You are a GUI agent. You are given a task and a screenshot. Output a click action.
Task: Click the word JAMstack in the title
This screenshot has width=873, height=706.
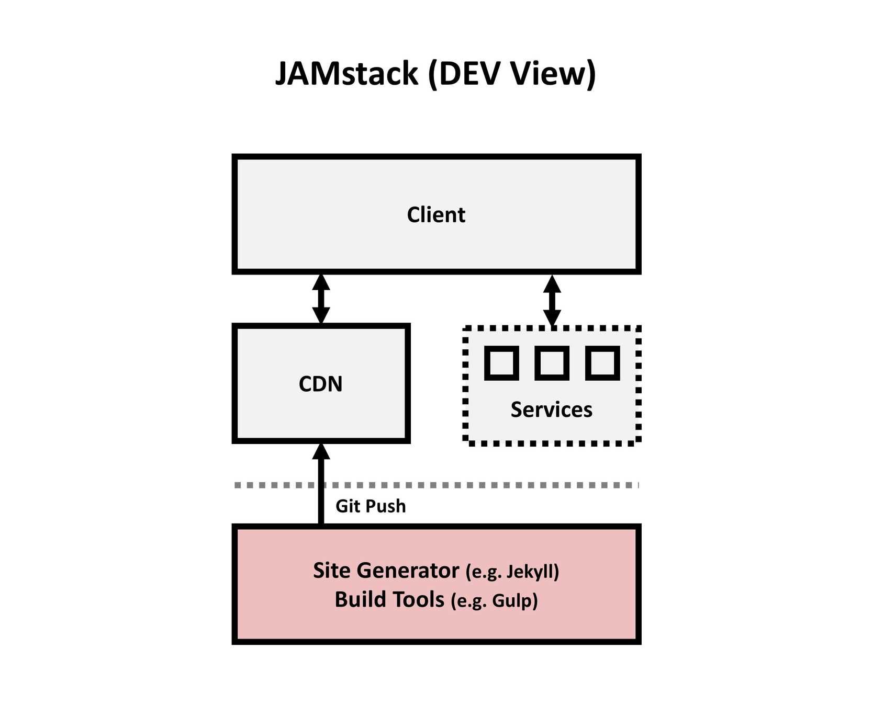(x=346, y=73)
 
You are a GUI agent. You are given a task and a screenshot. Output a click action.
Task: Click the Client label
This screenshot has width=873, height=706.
(x=436, y=215)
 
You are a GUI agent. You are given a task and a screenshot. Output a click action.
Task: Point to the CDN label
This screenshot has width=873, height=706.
(x=320, y=384)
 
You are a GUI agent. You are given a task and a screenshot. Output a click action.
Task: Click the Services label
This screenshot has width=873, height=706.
(x=552, y=409)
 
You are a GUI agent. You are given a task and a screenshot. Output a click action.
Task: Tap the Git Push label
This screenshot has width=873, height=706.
(x=371, y=506)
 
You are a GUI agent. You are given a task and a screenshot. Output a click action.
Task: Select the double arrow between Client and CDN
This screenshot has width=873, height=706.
(x=321, y=299)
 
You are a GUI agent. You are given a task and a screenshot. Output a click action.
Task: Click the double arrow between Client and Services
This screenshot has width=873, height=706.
(x=552, y=300)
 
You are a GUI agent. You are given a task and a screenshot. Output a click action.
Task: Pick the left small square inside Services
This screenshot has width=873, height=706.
(x=501, y=362)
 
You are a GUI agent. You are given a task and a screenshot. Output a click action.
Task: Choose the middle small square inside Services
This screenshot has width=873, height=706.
(x=552, y=362)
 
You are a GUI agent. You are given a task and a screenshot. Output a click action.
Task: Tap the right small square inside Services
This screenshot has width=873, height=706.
(x=602, y=362)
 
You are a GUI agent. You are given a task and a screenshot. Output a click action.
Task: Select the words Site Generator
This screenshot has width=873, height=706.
(x=386, y=571)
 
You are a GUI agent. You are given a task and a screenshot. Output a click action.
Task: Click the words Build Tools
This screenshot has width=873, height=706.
(x=389, y=600)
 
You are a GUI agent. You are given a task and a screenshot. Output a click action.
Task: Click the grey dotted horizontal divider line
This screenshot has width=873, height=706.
(x=471, y=485)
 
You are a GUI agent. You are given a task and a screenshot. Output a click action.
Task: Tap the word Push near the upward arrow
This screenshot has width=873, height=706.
(x=385, y=506)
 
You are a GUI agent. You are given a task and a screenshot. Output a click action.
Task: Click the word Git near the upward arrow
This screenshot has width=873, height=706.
(x=348, y=506)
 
